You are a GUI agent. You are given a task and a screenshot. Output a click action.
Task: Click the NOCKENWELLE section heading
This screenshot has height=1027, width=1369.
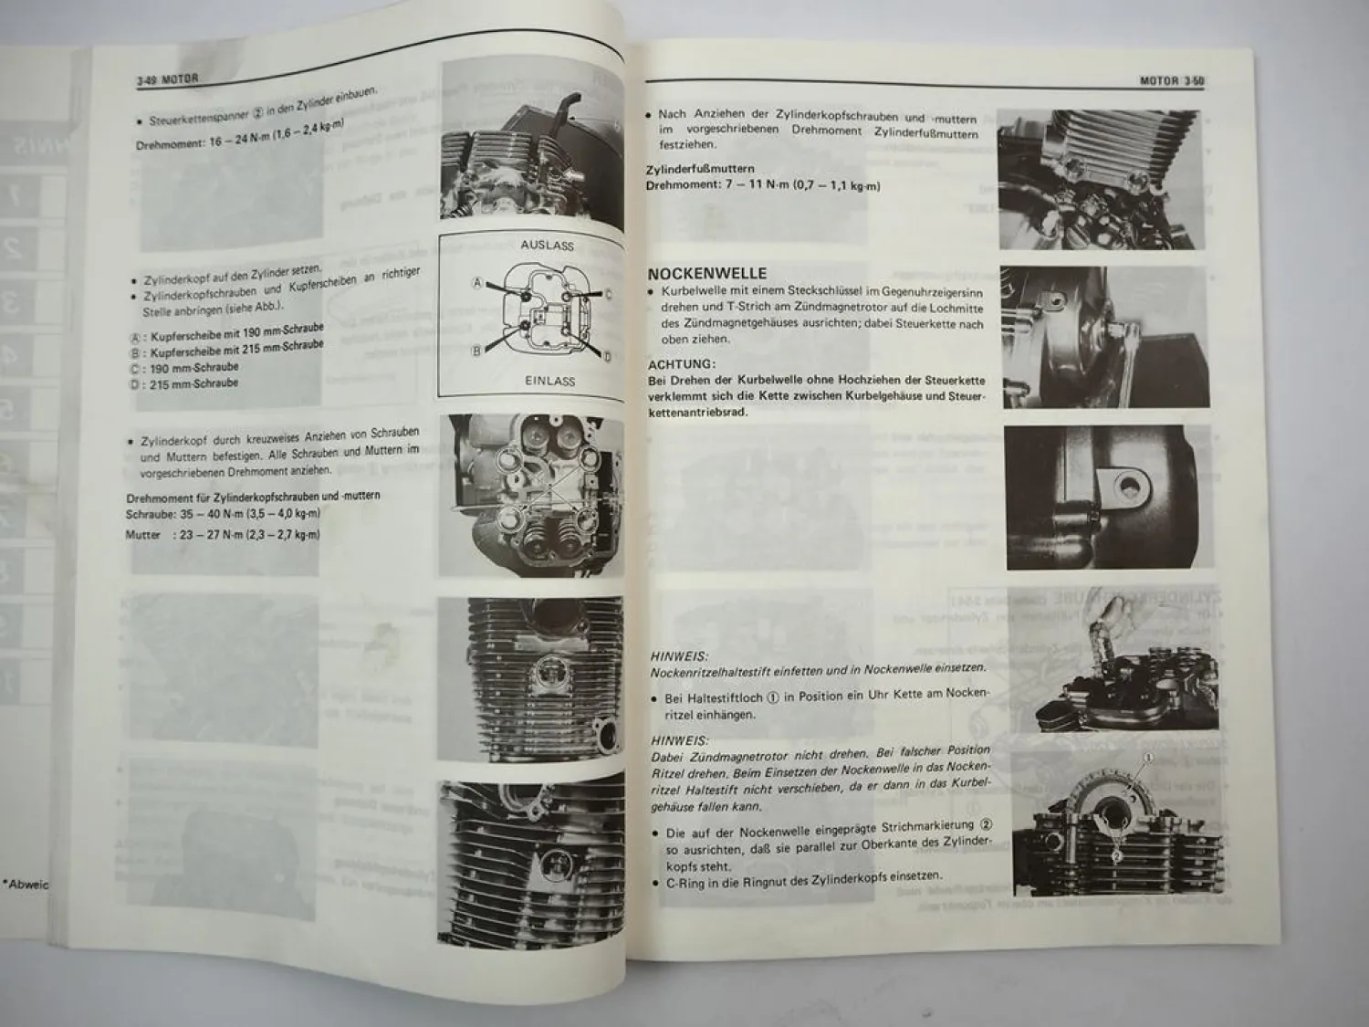point(707,273)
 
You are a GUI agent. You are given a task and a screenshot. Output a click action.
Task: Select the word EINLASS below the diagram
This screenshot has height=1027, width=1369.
point(549,381)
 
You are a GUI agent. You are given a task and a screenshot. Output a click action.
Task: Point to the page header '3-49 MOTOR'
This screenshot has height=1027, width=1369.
point(167,79)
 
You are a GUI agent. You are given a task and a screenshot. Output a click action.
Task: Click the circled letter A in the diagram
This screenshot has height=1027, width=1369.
point(476,283)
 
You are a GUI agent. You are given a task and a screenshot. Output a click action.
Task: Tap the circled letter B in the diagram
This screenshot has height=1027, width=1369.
point(475,351)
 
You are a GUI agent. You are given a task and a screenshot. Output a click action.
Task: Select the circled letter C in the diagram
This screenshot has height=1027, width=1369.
point(608,293)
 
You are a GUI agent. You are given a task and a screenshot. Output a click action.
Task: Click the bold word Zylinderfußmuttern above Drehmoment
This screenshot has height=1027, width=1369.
point(699,170)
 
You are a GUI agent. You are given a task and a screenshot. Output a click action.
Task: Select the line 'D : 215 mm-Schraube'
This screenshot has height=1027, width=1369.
point(184,384)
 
